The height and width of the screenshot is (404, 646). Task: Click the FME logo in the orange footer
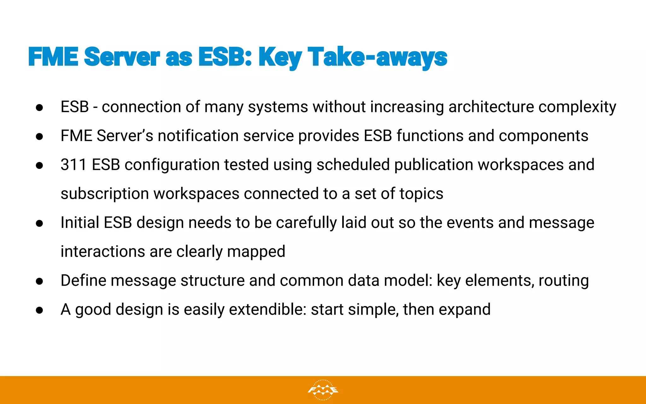[x=323, y=390]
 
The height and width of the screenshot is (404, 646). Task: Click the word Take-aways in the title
[x=377, y=57]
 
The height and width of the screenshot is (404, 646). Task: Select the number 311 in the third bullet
[x=73, y=165]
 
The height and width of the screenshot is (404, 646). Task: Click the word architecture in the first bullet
[x=491, y=107]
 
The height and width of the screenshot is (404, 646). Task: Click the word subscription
[x=104, y=194]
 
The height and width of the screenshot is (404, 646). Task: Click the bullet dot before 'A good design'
[x=39, y=310]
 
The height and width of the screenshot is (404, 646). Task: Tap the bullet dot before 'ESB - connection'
[x=39, y=108]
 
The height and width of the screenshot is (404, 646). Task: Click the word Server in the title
[x=122, y=57]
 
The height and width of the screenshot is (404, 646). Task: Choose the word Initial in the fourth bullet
[x=80, y=223]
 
